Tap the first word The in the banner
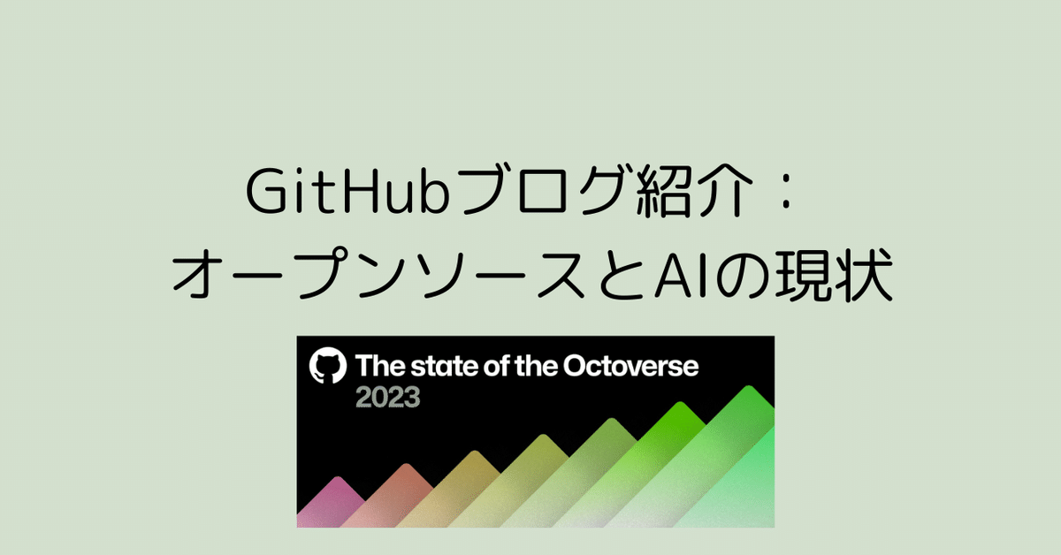pos(376,367)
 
